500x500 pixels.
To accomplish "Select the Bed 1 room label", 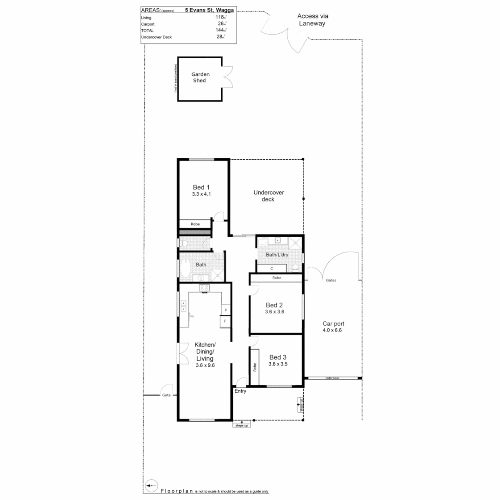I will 201,187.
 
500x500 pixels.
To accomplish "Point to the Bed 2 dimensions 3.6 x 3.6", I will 274,312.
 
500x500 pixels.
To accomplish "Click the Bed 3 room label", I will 278,357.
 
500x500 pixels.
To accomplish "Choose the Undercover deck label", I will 268,195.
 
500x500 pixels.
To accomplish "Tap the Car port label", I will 333,324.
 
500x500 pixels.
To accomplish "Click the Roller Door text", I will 332,378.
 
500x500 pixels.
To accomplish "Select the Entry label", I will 240,391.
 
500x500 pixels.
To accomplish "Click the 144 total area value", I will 219,30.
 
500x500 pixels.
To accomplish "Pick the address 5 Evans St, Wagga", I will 209,9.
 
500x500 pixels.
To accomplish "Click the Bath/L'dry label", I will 277,255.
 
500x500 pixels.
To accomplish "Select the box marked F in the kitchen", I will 225,321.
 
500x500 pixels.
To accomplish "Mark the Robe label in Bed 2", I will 276,278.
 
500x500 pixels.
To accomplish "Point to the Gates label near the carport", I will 331,280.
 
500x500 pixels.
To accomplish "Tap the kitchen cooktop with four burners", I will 205,288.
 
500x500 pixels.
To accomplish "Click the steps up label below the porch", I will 241,425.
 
